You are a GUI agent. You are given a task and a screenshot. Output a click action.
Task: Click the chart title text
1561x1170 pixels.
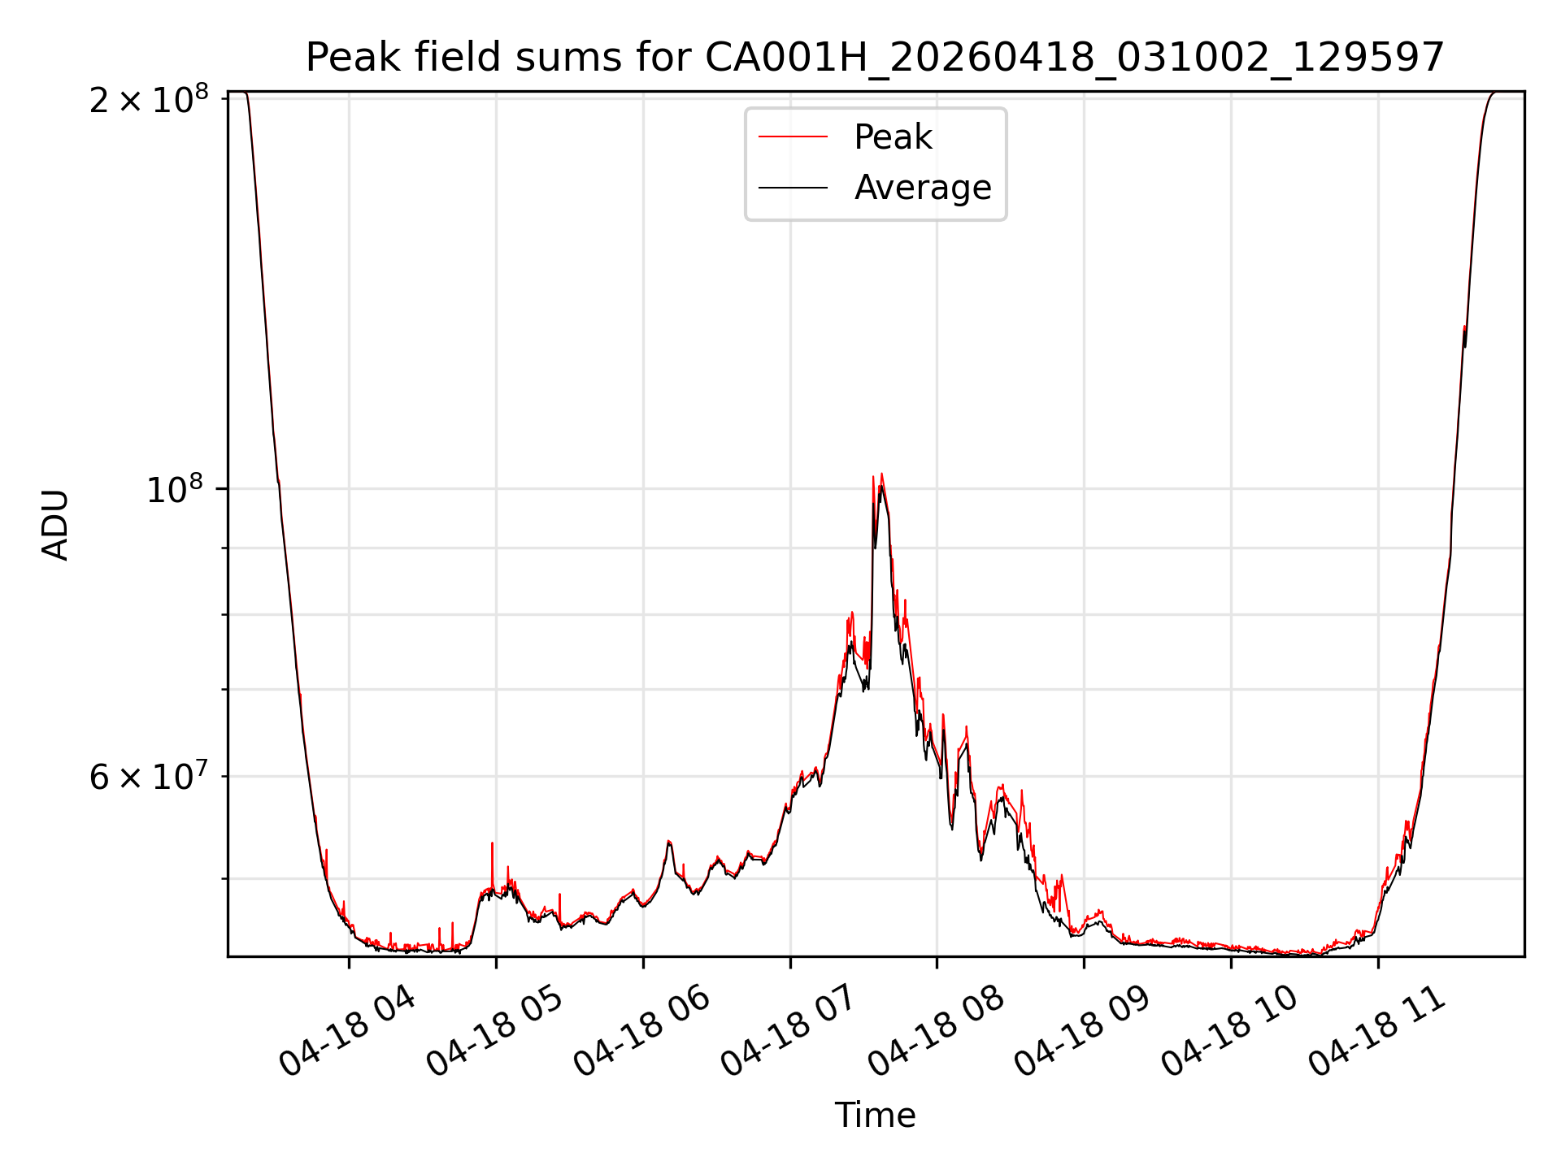coord(875,58)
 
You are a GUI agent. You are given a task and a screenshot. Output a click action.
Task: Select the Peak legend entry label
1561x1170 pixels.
coord(893,137)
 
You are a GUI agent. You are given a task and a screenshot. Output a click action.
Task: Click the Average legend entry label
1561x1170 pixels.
coord(923,188)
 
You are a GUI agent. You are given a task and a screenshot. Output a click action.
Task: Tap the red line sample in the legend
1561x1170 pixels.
coord(793,137)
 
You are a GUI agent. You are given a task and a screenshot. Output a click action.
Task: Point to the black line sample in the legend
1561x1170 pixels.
coord(793,188)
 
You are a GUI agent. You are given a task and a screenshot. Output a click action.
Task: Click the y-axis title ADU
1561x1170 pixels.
coord(55,524)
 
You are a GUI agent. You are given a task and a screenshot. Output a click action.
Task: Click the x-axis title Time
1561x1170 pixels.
coord(875,1116)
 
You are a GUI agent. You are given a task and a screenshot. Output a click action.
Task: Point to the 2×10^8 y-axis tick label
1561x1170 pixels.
coord(149,100)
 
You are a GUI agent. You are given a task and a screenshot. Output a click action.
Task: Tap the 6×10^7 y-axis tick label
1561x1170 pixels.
coord(149,776)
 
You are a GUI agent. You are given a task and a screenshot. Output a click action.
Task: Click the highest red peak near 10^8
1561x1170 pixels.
coord(881,474)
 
